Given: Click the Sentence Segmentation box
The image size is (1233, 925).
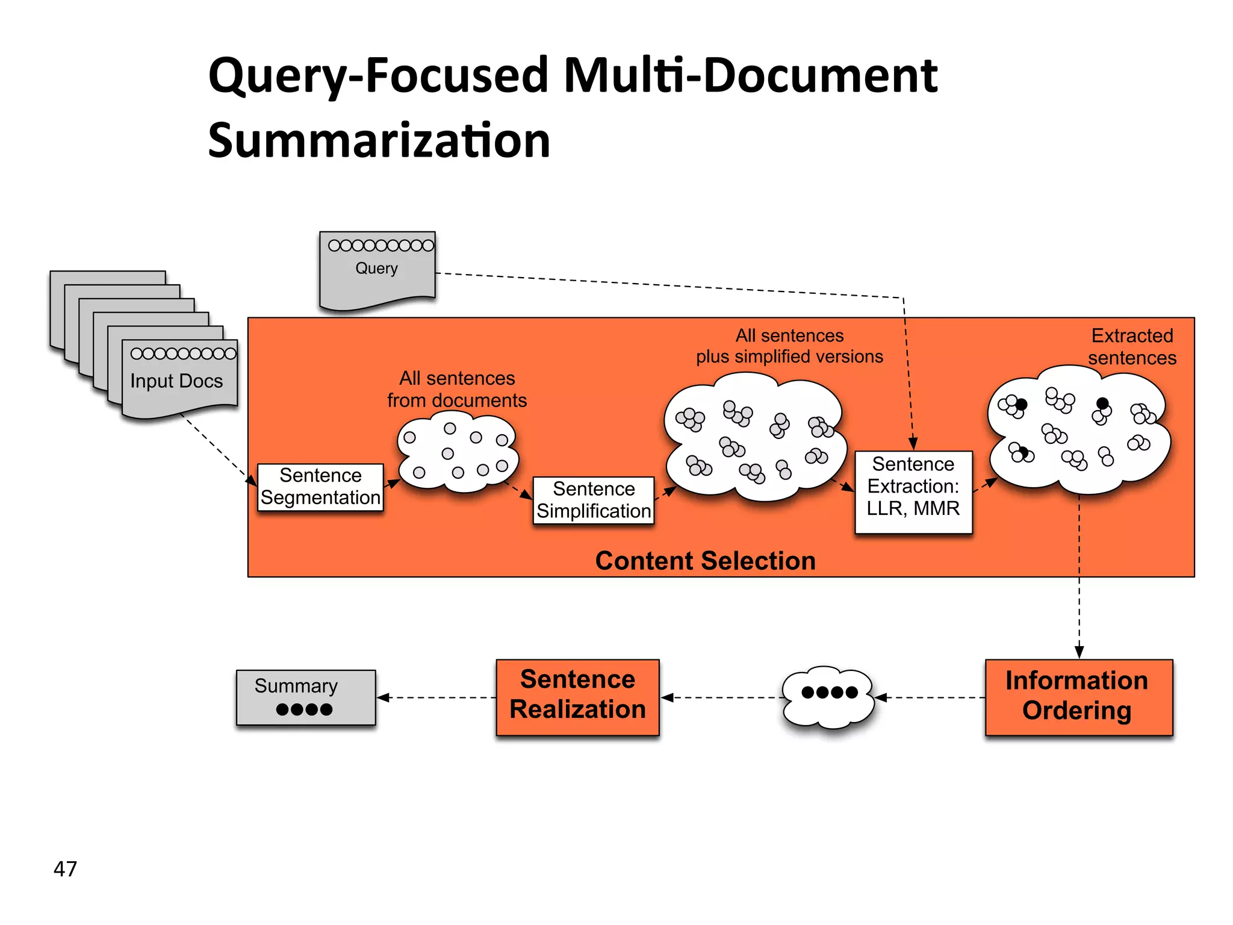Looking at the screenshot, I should pos(320,487).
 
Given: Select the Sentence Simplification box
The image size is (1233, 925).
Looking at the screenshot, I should pos(594,500).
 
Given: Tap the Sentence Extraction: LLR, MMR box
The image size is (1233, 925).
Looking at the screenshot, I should pos(913,491).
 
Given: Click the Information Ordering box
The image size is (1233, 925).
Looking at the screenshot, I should pos(1078,697).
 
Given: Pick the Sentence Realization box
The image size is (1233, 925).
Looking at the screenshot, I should pos(577,697).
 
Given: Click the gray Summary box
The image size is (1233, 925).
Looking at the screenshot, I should pos(306,697).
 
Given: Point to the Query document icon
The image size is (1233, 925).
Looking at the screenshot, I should pos(377,269).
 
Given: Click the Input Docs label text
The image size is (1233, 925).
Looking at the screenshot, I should pos(176,381).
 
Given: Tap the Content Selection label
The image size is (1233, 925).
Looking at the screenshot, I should pos(705,561).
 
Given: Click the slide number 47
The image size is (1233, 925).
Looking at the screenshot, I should pos(65,868).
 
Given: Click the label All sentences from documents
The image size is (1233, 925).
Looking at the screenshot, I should pos(457,389).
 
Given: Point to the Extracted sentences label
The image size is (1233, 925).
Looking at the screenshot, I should pos(1132,346).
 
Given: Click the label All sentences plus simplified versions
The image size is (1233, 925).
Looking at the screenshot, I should pos(789,346).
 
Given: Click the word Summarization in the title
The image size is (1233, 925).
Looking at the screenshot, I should pos(379,140).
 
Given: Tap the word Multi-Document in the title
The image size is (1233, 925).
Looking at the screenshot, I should pos(750,75).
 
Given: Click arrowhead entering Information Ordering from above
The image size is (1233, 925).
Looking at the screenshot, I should pos(1079,652).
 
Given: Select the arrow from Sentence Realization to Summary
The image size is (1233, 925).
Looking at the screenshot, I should pos(436,697).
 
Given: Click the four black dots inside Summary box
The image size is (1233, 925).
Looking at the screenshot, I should pos(304,709).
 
